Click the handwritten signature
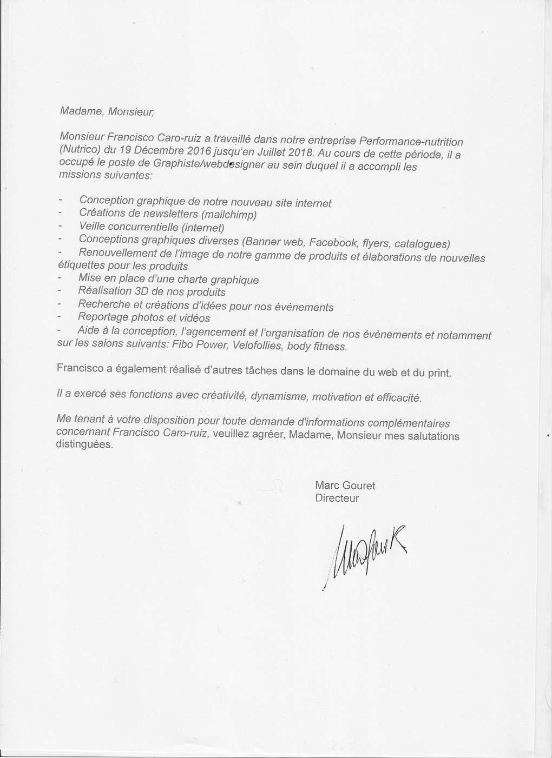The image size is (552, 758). coord(368,554)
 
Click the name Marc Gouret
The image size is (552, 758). coord(345,486)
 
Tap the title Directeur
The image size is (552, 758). coord(337,498)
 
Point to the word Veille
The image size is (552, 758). coord(92,226)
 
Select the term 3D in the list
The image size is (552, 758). coord(142,291)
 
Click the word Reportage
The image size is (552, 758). coord(103,317)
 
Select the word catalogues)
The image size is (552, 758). coord(422,244)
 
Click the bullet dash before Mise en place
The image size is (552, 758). coord(59,278)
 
